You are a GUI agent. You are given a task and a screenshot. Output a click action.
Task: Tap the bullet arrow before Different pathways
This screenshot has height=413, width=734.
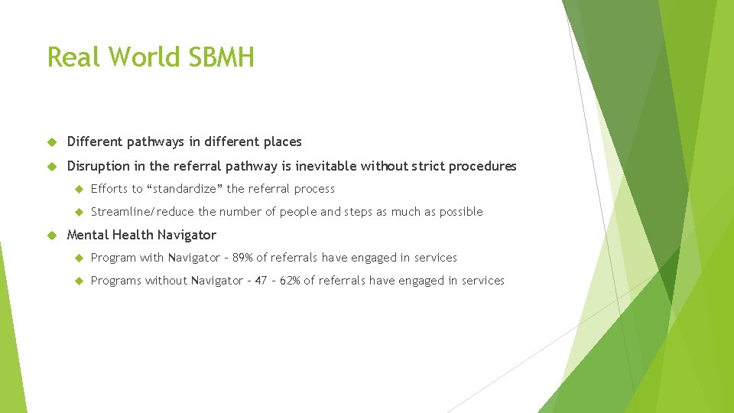(x=52, y=142)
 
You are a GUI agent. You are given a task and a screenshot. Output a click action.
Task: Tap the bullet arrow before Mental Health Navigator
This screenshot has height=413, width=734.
(x=52, y=236)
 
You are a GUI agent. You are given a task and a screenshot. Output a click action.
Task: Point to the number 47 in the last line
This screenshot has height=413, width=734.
(x=261, y=281)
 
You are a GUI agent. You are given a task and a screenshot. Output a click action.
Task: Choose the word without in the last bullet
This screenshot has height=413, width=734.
(x=166, y=281)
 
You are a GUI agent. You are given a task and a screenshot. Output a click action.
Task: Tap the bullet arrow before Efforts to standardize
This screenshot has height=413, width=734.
(x=77, y=190)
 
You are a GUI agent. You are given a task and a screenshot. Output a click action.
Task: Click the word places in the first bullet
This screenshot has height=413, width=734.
(x=282, y=142)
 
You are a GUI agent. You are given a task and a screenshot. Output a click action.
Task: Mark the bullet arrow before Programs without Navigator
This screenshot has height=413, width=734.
(x=77, y=281)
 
